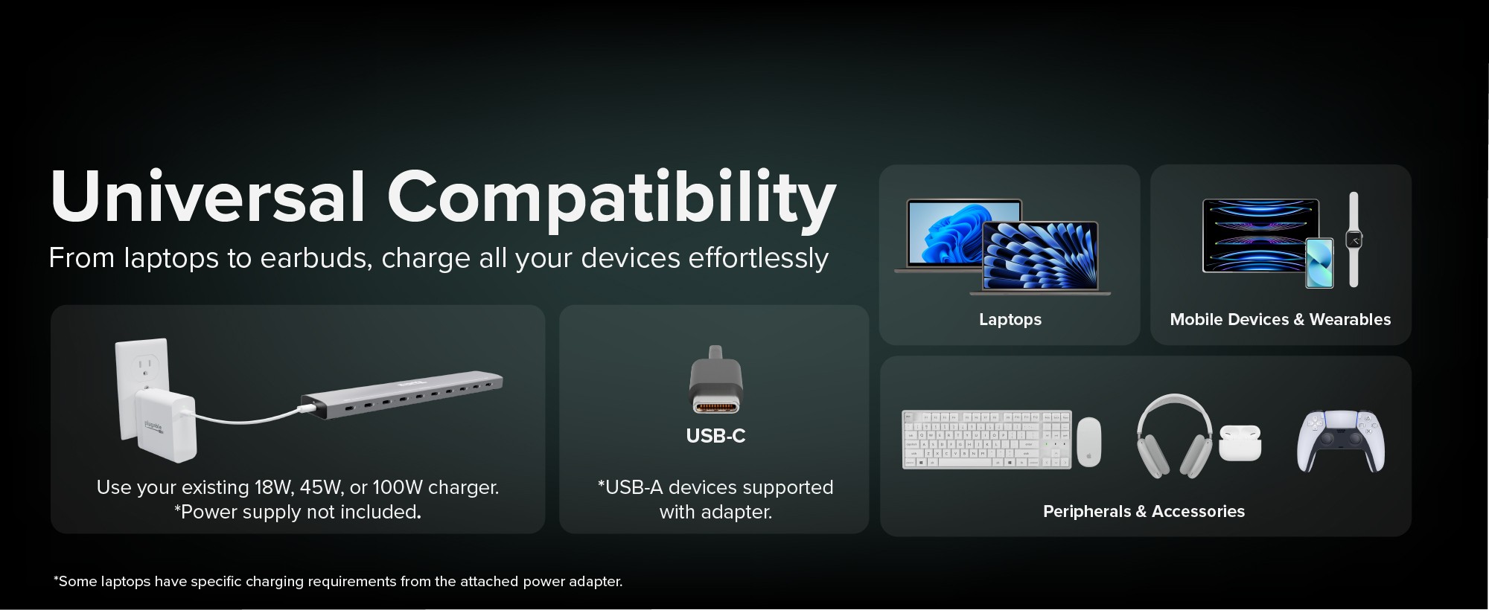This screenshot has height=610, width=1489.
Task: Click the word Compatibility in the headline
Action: (x=611, y=199)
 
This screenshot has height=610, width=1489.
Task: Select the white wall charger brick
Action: (x=165, y=426)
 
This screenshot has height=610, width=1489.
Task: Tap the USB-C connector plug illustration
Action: (x=715, y=380)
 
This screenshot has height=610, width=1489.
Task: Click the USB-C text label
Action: (x=715, y=436)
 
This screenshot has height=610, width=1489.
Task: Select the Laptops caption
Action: (x=1010, y=320)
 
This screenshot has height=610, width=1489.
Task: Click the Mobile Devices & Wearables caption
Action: (x=1281, y=320)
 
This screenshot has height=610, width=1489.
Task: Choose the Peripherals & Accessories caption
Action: (x=1144, y=511)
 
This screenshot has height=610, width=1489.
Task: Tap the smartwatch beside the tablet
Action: (x=1354, y=240)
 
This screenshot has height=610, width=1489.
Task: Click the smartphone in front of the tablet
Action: (x=1320, y=263)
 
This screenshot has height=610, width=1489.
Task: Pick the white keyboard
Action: (x=987, y=439)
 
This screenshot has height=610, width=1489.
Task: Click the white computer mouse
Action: (x=1088, y=442)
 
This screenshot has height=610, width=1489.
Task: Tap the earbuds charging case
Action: (x=1240, y=443)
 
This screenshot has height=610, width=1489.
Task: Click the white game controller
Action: (x=1341, y=441)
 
